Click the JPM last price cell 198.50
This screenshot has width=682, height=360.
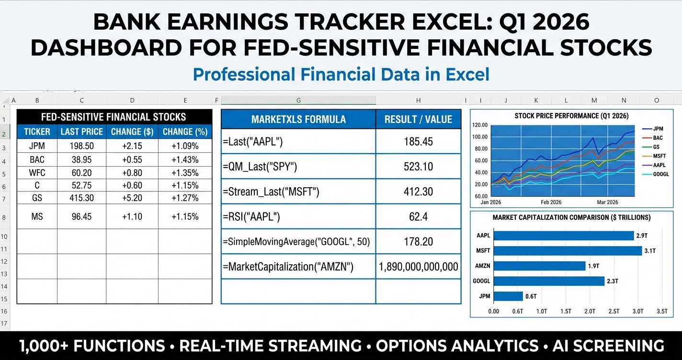(81, 146)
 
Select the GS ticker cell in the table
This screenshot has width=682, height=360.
(37, 197)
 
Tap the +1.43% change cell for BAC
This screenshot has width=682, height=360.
(185, 159)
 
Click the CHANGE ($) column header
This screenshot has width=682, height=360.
(132, 132)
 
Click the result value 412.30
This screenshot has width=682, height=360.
(418, 192)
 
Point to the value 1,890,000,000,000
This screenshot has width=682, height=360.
(418, 267)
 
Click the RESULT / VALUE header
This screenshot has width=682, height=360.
(418, 119)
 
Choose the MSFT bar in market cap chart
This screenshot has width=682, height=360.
(568, 251)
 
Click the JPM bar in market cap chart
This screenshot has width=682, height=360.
(508, 296)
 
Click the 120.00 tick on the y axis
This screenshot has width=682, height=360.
(479, 125)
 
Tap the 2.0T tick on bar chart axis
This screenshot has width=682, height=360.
(590, 311)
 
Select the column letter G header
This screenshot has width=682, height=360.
(298, 101)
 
